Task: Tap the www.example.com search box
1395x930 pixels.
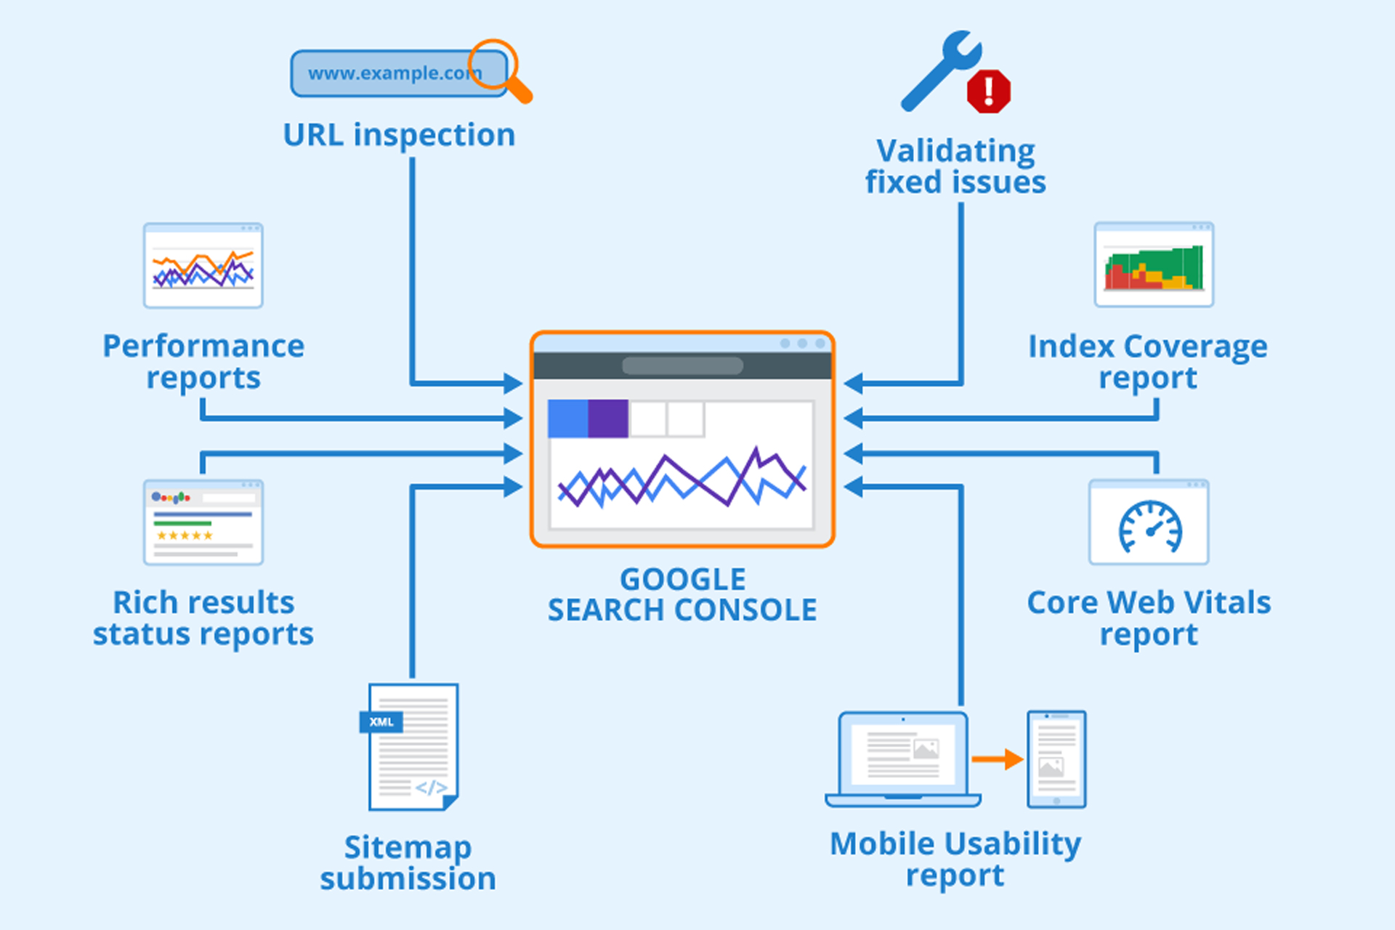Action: pos(398,73)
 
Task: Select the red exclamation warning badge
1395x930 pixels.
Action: pos(988,92)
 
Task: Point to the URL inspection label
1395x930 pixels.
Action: pos(399,135)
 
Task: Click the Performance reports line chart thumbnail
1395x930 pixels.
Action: pos(203,266)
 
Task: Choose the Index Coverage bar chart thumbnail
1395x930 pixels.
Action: pos(1154,265)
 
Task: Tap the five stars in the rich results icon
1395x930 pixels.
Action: pos(185,535)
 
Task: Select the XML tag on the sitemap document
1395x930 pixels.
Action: pos(381,721)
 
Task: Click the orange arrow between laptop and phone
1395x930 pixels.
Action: pos(998,759)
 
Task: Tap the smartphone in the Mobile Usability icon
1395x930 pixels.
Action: pos(1056,759)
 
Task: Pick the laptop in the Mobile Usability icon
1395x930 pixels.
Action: pos(903,759)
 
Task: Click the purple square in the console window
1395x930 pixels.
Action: pos(608,418)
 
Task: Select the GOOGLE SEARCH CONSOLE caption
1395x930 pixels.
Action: pos(682,595)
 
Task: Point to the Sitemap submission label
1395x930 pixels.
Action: pos(408,863)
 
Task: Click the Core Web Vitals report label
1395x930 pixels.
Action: pos(1149,618)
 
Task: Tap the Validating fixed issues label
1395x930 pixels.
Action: pos(955,166)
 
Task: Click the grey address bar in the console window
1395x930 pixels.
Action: pos(682,365)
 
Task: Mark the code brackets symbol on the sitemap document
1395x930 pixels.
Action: pos(431,788)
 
